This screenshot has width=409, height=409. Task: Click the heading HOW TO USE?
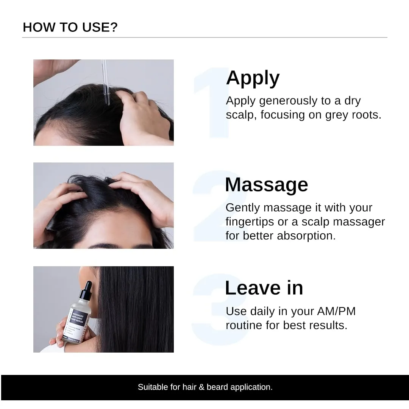(70, 27)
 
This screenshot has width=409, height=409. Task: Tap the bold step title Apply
(253, 78)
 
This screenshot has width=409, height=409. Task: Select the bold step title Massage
(266, 185)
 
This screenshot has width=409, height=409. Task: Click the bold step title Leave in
(264, 288)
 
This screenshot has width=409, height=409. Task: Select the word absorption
(306, 236)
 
